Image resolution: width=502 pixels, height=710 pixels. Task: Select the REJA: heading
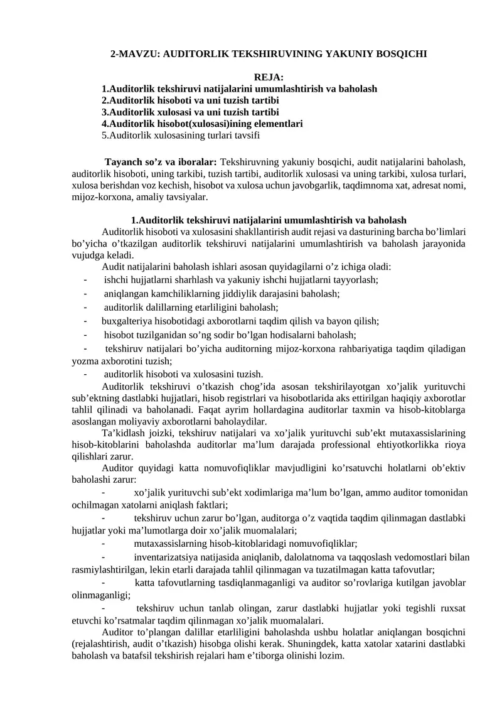269,77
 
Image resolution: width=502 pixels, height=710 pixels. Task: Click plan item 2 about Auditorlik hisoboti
190,100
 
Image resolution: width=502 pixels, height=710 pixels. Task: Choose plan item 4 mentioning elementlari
202,124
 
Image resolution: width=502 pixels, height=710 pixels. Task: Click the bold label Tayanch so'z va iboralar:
161,162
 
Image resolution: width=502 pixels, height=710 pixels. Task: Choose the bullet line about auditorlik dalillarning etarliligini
191,308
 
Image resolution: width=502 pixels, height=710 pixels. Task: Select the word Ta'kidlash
123,434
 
